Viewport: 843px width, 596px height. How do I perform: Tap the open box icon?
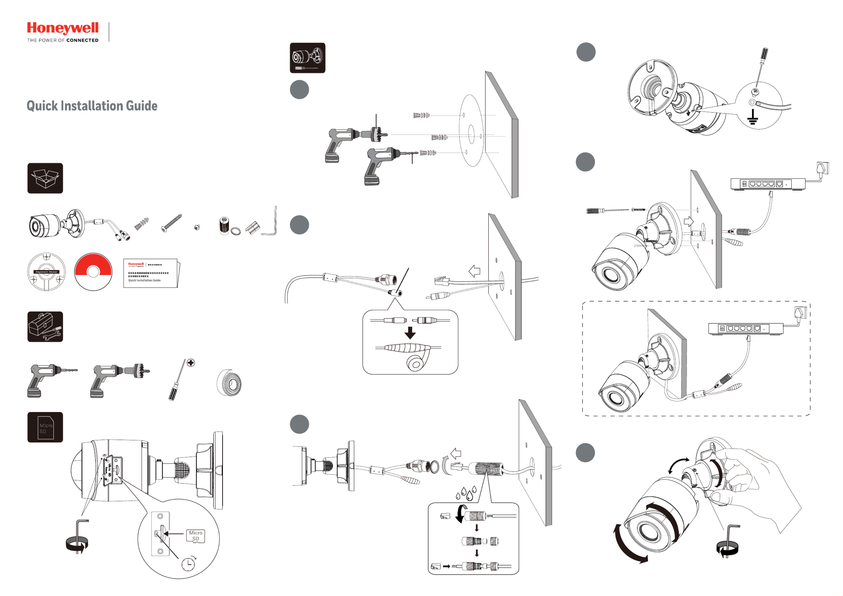[45, 178]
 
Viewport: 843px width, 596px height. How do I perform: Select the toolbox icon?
[45, 327]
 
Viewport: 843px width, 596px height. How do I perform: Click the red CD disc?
[93, 271]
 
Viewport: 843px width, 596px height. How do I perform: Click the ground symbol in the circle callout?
[753, 117]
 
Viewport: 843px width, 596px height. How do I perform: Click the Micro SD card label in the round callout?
[196, 536]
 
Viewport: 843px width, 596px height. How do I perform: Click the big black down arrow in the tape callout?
[410, 332]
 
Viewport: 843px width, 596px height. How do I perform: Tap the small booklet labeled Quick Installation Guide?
[150, 273]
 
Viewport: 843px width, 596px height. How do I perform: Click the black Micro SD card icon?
[45, 427]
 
